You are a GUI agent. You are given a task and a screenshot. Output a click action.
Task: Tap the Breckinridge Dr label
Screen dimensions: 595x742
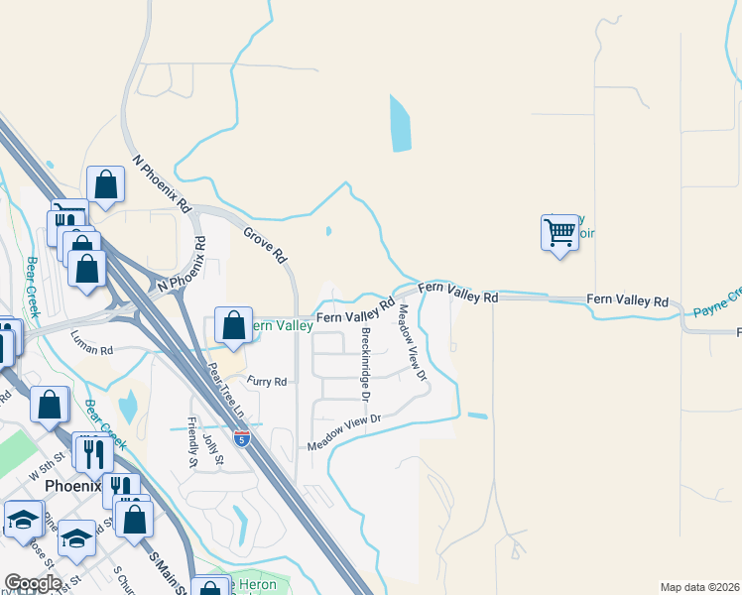[365, 364]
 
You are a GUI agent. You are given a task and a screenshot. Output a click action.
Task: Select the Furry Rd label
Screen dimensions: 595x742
[267, 382]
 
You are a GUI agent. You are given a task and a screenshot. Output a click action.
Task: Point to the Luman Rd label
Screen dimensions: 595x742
[92, 351]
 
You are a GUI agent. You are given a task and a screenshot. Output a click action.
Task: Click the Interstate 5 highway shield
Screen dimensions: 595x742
[242, 436]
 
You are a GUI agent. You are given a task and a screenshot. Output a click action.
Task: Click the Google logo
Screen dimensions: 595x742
[32, 583]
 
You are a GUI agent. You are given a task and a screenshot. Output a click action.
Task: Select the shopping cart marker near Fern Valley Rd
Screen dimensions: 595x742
[560, 233]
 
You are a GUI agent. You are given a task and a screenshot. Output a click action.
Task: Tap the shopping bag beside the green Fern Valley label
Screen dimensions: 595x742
[233, 325]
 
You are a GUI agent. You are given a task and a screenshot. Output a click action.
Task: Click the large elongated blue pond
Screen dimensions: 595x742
[400, 123]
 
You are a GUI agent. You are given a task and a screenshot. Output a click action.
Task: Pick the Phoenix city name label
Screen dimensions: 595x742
[71, 486]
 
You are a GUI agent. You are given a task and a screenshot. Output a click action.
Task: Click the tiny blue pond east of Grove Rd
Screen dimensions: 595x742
[328, 233]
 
